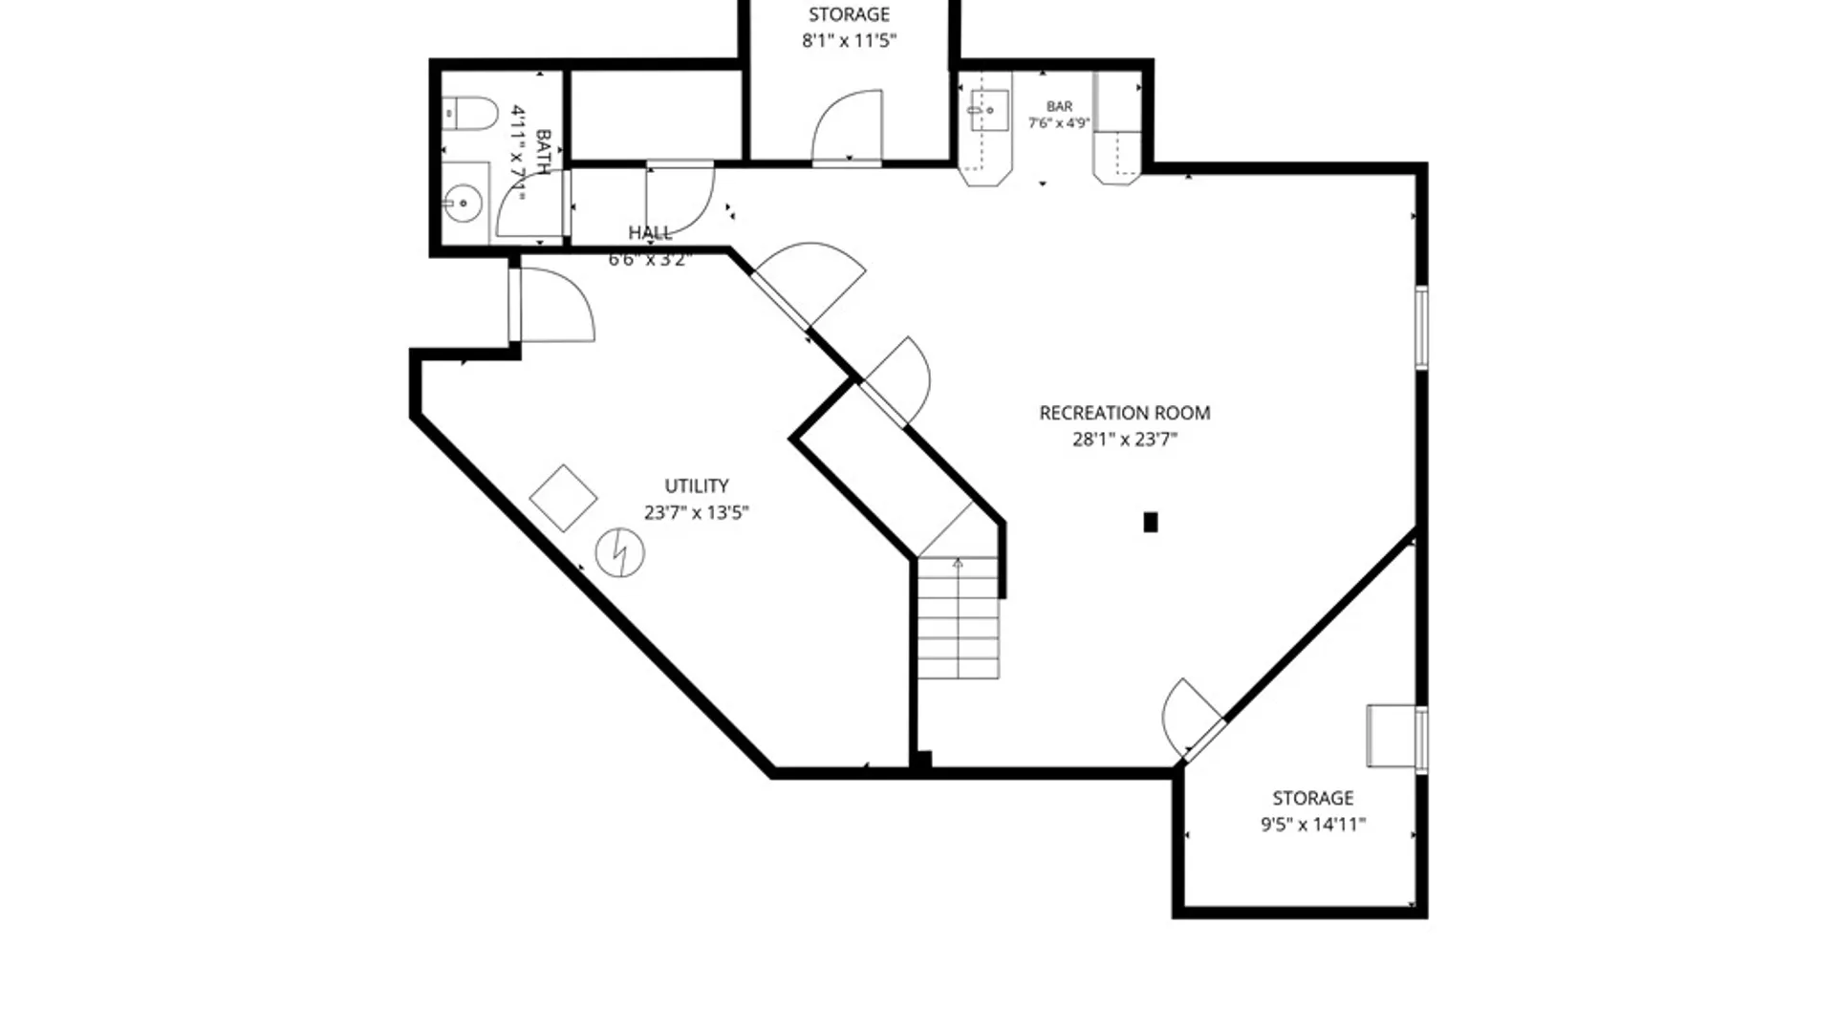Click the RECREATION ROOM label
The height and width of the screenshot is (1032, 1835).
[1124, 413]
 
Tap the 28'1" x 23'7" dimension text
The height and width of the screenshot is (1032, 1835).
[1124, 440]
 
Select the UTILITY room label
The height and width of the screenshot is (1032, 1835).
[697, 485]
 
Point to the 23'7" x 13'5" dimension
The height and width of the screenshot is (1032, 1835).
[696, 512]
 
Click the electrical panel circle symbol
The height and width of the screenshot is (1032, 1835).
[619, 552]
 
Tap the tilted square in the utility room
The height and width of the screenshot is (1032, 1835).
[563, 498]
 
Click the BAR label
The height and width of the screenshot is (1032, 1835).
[1059, 107]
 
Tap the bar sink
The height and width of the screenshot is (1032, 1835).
[988, 110]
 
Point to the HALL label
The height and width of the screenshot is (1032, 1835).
[650, 232]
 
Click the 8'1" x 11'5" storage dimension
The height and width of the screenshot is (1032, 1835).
[849, 41]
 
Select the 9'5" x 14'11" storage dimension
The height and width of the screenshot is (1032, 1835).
[1312, 825]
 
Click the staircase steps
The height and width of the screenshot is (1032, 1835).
[959, 618]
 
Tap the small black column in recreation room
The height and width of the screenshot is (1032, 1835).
[1151, 522]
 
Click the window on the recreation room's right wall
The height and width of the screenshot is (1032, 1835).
[1421, 327]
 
